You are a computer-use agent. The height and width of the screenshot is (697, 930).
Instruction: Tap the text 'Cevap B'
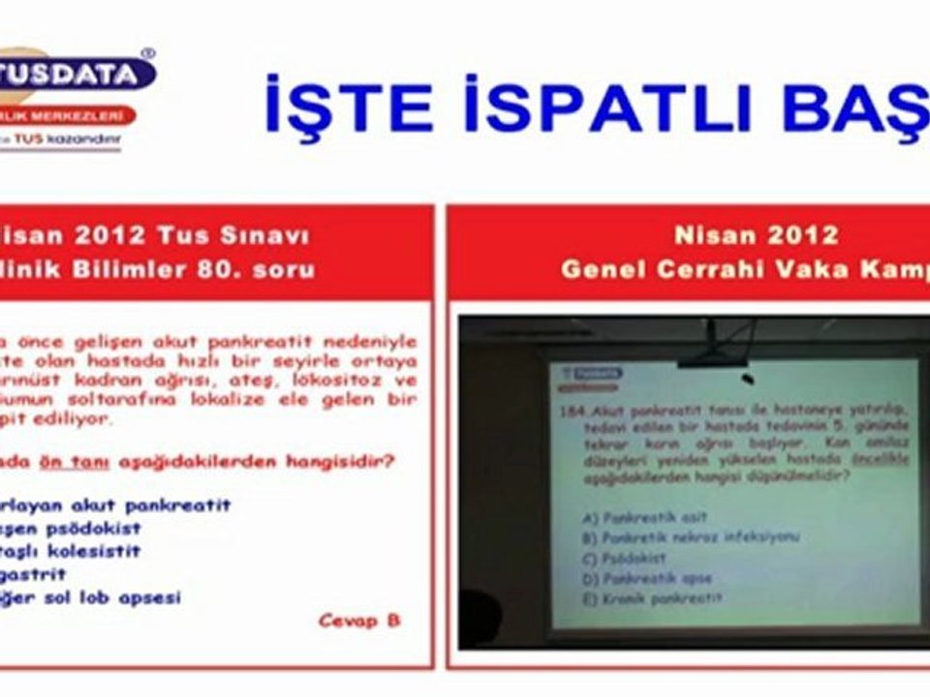359,621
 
